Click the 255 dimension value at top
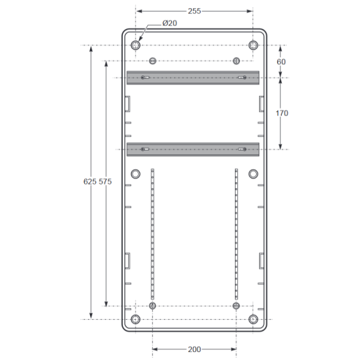pyautogui.click(x=194, y=11)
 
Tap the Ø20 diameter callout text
pyautogui.click(x=170, y=23)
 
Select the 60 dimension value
pyautogui.click(x=281, y=61)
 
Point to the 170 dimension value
pyautogui.click(x=282, y=113)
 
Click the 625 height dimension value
pyautogui.click(x=90, y=181)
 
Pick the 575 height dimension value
pyautogui.click(x=105, y=181)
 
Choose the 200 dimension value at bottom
pyautogui.click(x=195, y=349)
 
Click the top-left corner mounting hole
pyautogui.click(x=135, y=45)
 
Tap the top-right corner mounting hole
pyautogui.click(x=253, y=45)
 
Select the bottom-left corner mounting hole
pyautogui.click(x=135, y=319)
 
